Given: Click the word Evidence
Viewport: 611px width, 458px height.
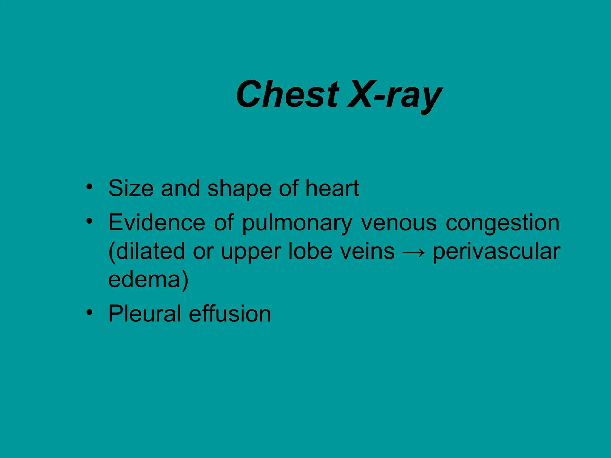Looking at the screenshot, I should click(x=157, y=222).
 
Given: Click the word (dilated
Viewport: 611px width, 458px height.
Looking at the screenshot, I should click(x=146, y=251).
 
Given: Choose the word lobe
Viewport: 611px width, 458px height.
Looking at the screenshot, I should click(x=310, y=251).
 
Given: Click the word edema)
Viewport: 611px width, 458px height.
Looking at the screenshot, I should click(x=148, y=279).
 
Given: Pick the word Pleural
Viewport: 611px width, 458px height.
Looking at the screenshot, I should click(x=145, y=314).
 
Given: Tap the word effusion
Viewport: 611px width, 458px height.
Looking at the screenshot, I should click(x=230, y=314).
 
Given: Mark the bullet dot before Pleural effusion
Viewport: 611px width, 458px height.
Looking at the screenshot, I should click(x=89, y=312).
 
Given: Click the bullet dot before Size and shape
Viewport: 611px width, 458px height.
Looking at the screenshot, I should click(x=89, y=187).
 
